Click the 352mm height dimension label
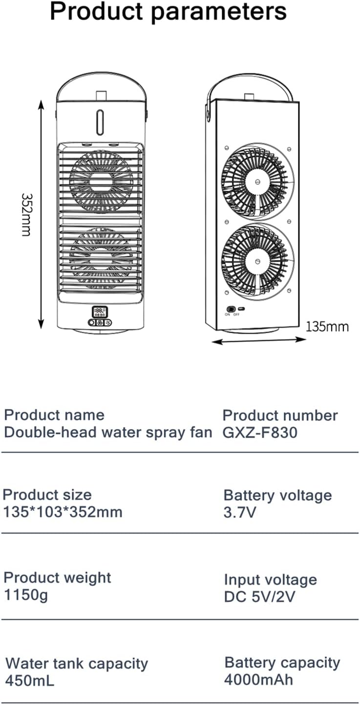pyautogui.click(x=26, y=214)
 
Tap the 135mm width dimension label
pyautogui.click(x=327, y=326)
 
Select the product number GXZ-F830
pyautogui.click(x=260, y=432)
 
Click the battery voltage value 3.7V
pyautogui.click(x=240, y=513)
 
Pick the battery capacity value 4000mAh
pyautogui.click(x=259, y=679)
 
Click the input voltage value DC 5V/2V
pyautogui.click(x=260, y=597)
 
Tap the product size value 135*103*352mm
pyautogui.click(x=63, y=512)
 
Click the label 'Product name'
pyautogui.click(x=54, y=415)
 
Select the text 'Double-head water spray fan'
pyautogui.click(x=108, y=432)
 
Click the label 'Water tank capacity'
pyautogui.click(x=77, y=663)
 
